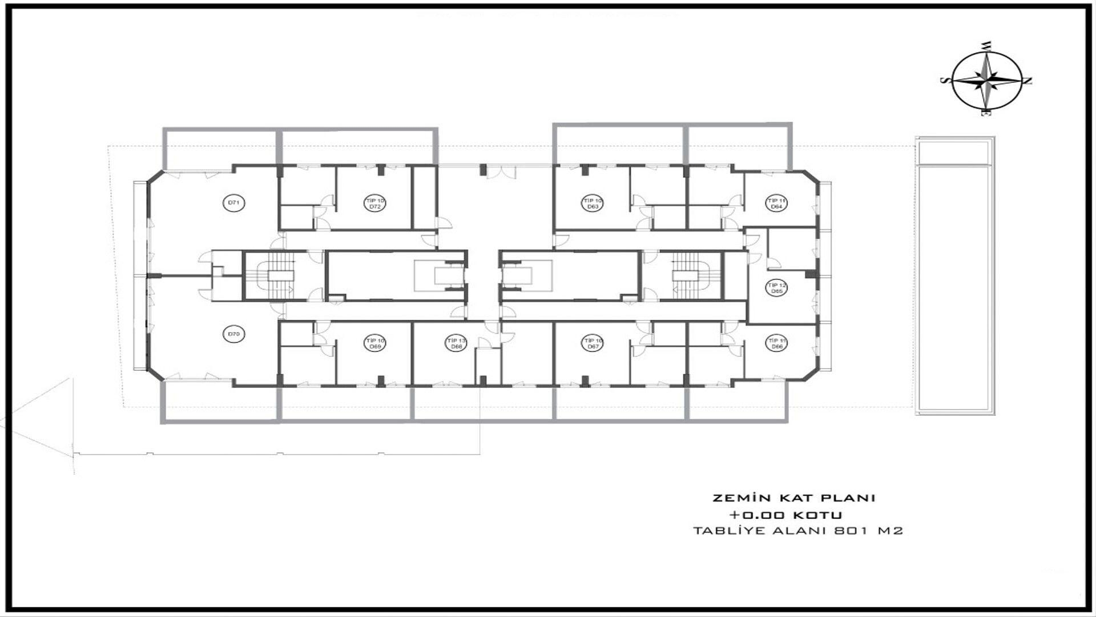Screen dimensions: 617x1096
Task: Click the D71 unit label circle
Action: click(x=234, y=203)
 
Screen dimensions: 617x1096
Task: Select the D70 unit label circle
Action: click(x=234, y=334)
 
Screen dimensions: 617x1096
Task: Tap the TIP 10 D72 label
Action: click(x=375, y=203)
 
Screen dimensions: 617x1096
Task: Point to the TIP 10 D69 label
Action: click(x=375, y=343)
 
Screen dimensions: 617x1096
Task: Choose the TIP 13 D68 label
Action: click(x=456, y=343)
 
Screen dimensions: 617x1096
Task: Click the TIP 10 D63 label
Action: click(x=593, y=203)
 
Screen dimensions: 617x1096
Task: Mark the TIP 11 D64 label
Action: click(x=776, y=203)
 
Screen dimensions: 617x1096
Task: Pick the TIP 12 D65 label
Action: click(x=776, y=288)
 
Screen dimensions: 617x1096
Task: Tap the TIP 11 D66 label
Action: click(x=776, y=343)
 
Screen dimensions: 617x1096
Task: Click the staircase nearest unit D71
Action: click(x=280, y=276)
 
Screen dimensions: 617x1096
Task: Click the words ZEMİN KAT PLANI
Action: click(x=793, y=498)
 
